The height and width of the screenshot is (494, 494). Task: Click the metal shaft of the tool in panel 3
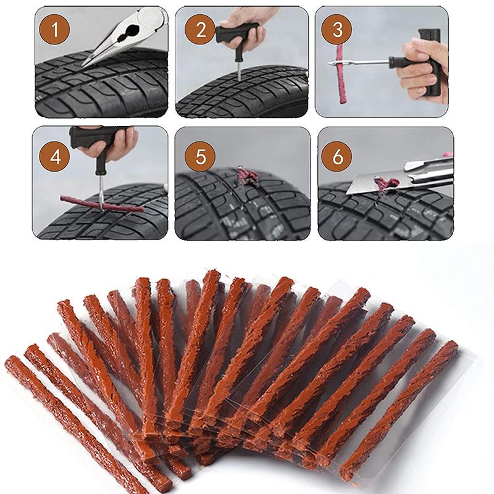(x=364, y=62)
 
